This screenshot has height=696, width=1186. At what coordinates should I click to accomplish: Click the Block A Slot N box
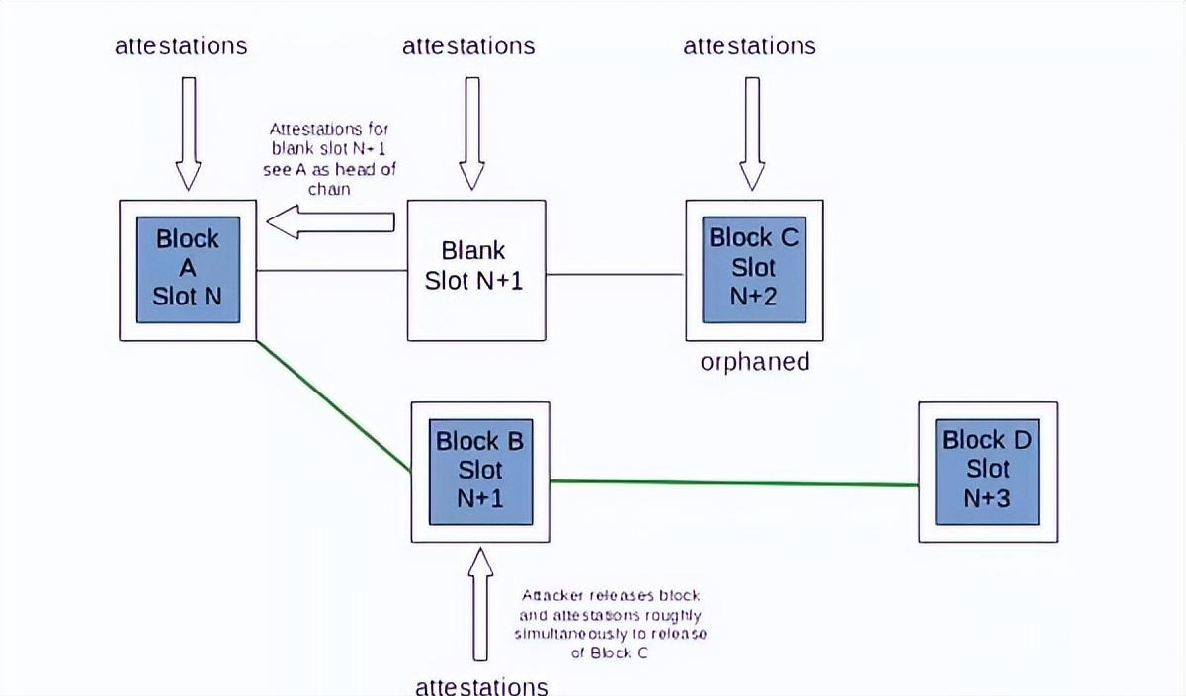[188, 269]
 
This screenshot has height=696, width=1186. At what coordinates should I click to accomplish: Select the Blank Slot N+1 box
[475, 269]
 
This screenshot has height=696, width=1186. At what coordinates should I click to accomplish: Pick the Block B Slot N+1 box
[479, 472]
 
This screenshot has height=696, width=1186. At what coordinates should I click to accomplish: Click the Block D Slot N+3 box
[986, 472]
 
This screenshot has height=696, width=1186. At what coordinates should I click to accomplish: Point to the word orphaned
[754, 362]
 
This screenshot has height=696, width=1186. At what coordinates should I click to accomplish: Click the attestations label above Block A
[181, 45]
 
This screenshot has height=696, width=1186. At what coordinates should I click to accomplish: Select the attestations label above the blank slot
[468, 45]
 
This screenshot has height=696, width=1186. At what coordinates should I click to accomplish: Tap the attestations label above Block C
[749, 45]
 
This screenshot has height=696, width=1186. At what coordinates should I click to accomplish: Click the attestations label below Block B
[480, 685]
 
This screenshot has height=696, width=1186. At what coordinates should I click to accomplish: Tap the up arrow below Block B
[480, 603]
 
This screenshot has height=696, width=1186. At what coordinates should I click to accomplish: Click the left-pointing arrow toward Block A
[331, 222]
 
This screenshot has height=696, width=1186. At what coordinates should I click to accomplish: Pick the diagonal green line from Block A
[333, 405]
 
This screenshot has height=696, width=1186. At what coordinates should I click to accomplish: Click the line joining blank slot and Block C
[615, 274]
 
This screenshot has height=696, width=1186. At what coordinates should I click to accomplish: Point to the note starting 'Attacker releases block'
[610, 624]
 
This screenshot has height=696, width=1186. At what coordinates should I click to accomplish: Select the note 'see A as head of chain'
[329, 158]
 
